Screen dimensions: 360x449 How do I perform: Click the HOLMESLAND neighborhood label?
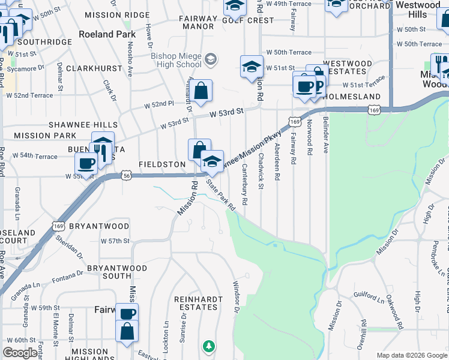tap(354, 97)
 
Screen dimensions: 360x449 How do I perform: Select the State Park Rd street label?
tap(220, 194)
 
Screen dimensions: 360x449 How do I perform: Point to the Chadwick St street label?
tap(261, 173)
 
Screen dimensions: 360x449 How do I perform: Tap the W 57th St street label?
tap(115, 241)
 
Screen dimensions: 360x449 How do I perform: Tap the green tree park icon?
tap(208, 346)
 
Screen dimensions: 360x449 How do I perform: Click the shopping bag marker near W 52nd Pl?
tap(202, 91)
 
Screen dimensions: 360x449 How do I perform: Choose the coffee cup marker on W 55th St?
tap(86, 163)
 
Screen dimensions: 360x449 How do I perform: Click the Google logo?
tap(20, 353)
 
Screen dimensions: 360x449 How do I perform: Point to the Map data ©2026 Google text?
tap(411, 355)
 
